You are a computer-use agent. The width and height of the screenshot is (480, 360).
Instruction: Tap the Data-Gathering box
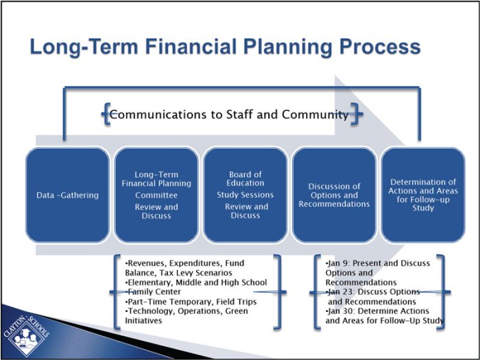[67, 195]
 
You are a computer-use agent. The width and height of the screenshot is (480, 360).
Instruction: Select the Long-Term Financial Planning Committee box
[156, 195]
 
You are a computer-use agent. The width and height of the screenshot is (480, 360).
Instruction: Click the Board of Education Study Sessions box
[245, 195]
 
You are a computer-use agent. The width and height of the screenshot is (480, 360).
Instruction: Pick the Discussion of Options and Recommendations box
[334, 195]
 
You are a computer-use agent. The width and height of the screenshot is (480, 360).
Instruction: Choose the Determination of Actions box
[422, 195]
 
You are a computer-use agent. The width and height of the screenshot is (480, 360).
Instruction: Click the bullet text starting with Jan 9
[377, 272]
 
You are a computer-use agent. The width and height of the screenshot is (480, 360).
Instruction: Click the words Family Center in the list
[154, 292]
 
